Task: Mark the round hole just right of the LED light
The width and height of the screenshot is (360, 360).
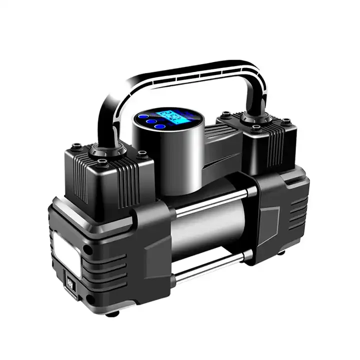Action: pos(88,248)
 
